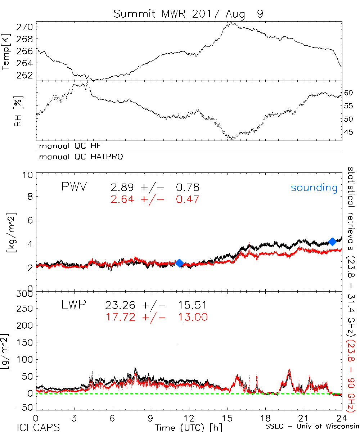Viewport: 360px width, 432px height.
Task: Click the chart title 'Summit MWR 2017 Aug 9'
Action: coord(188,14)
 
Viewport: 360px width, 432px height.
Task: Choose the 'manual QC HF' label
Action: coord(68,146)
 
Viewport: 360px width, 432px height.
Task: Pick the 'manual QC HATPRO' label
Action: coord(78,157)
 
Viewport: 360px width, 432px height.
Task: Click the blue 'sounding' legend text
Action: coord(314,188)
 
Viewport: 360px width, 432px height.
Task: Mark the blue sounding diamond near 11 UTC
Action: coord(180,263)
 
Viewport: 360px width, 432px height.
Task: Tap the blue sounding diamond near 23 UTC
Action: coord(332,241)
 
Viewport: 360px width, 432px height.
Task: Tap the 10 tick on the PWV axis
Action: coord(29,175)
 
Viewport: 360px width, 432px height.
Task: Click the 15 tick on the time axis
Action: coord(227,419)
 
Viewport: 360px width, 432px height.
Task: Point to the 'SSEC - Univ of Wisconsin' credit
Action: coord(312,427)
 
